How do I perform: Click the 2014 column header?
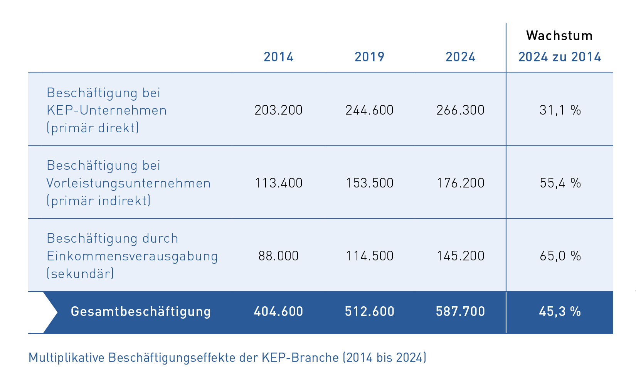pyautogui.click(x=278, y=57)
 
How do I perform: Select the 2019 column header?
pyautogui.click(x=369, y=57)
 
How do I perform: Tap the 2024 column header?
pyautogui.click(x=460, y=57)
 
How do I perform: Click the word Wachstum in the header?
pyautogui.click(x=559, y=36)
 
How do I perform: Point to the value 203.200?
pyautogui.click(x=278, y=110)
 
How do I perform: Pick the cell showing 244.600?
pyautogui.click(x=369, y=110)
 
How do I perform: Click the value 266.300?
pyautogui.click(x=460, y=110)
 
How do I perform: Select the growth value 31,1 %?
pyautogui.click(x=560, y=110)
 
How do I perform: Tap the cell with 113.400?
pyautogui.click(x=278, y=183)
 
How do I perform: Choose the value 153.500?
pyautogui.click(x=369, y=183)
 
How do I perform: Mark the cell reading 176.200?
pyautogui.click(x=460, y=183)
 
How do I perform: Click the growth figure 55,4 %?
pyautogui.click(x=560, y=183)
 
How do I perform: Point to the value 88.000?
pyautogui.click(x=278, y=256)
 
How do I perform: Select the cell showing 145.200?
pyautogui.click(x=460, y=256)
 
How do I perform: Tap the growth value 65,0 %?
pyautogui.click(x=560, y=256)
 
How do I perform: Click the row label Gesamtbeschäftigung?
pyautogui.click(x=141, y=312)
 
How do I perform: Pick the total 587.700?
pyautogui.click(x=460, y=312)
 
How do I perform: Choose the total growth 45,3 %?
pyautogui.click(x=560, y=312)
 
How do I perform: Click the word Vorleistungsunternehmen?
pyautogui.click(x=128, y=183)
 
